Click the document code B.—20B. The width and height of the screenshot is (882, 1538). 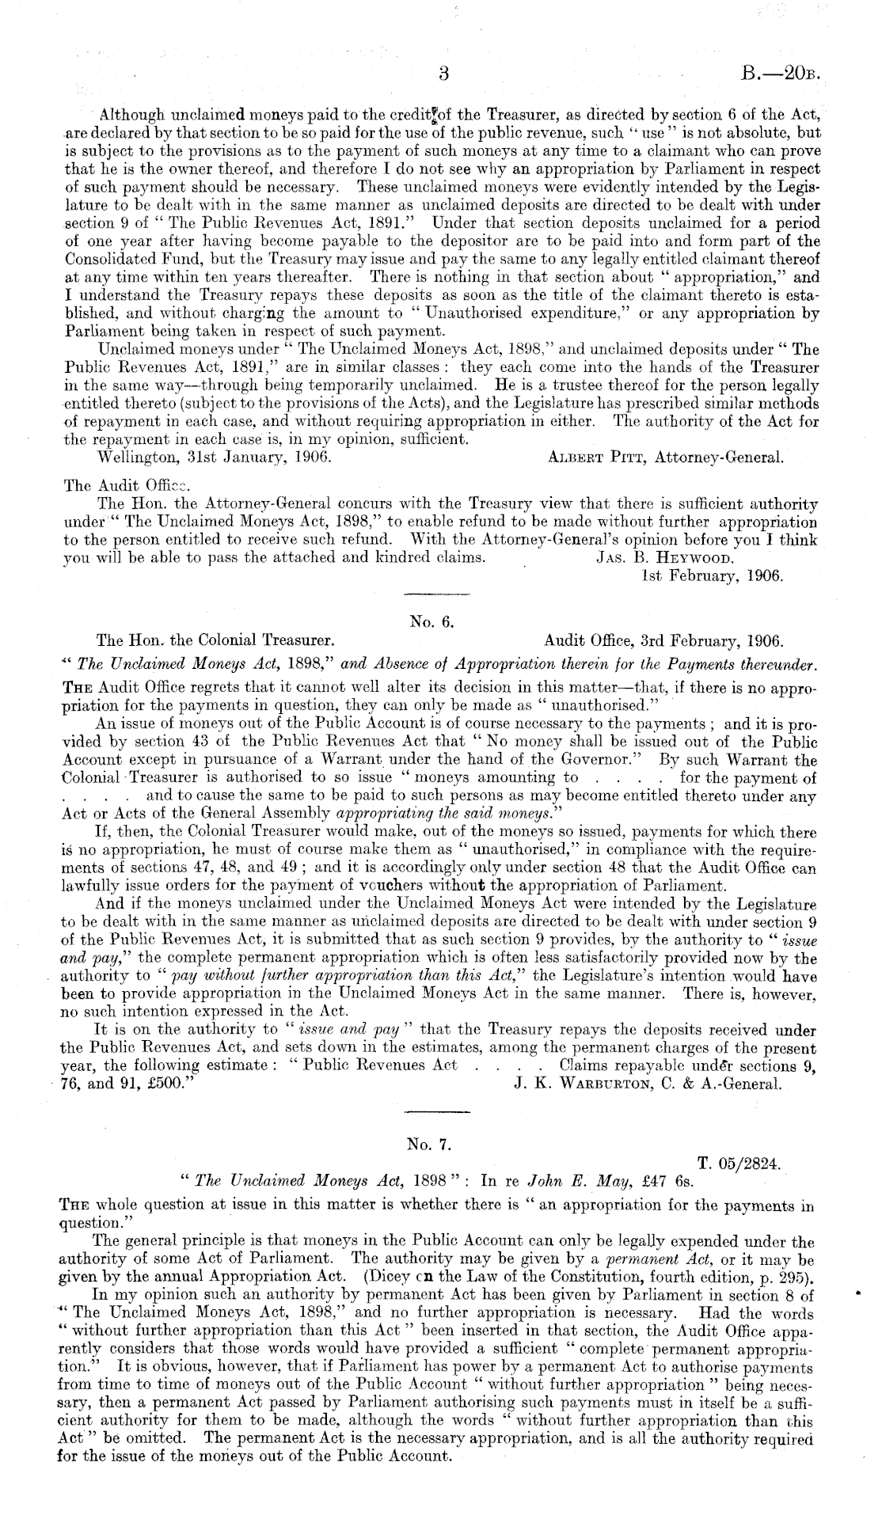point(779,74)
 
